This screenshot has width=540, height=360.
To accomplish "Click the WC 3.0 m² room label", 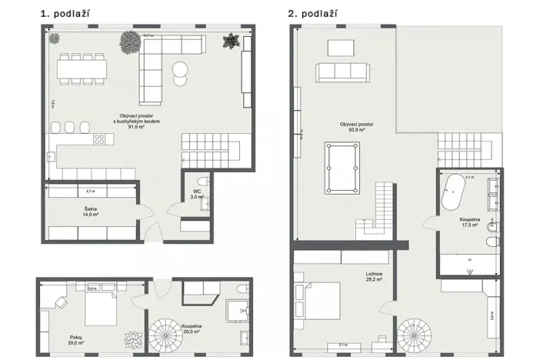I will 197,194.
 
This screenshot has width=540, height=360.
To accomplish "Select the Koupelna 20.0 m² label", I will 192,329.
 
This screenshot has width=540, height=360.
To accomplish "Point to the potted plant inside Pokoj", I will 133,339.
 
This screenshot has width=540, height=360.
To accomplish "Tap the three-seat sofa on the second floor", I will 342,72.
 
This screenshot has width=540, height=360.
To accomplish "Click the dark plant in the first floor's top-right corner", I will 229,41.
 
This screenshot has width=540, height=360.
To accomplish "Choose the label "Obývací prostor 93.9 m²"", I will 356,127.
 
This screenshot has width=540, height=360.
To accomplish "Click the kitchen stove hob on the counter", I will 99,140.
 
